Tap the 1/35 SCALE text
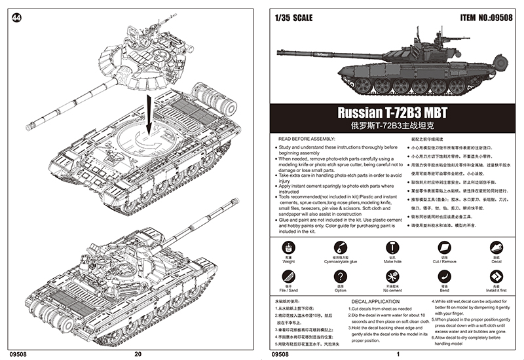[297, 18]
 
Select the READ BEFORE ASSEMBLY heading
[307, 139]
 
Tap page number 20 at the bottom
[137, 354]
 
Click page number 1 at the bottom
[397, 354]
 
